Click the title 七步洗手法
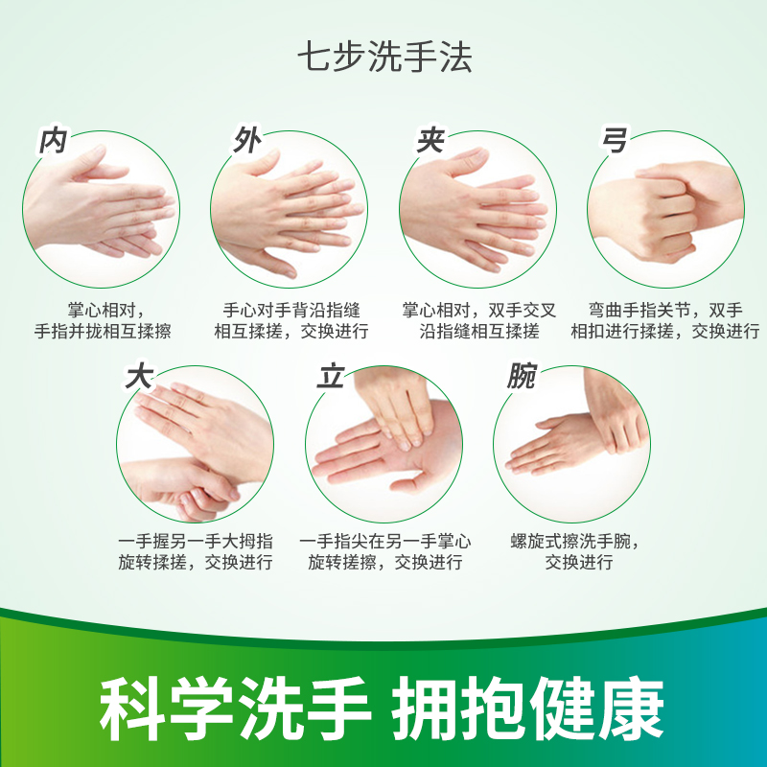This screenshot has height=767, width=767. (x=384, y=58)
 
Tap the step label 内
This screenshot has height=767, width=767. (x=53, y=141)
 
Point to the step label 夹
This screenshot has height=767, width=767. (x=430, y=140)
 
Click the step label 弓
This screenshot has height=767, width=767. (x=614, y=140)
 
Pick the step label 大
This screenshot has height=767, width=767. (x=139, y=377)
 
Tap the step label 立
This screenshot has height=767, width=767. (x=331, y=377)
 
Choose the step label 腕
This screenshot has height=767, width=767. (x=523, y=376)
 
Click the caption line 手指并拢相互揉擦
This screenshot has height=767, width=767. (x=103, y=331)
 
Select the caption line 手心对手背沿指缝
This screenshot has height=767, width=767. (x=291, y=310)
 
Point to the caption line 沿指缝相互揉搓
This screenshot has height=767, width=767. (x=478, y=331)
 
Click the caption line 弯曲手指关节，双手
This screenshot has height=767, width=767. (x=665, y=310)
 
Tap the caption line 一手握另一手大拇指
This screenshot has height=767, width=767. (x=196, y=541)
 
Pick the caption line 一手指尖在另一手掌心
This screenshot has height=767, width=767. (x=385, y=541)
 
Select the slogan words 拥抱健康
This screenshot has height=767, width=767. (x=528, y=709)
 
